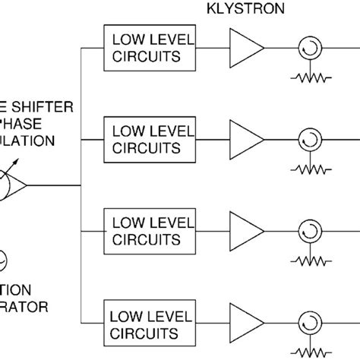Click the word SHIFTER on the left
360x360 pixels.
click(38, 107)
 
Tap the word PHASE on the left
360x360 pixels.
click(26, 124)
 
